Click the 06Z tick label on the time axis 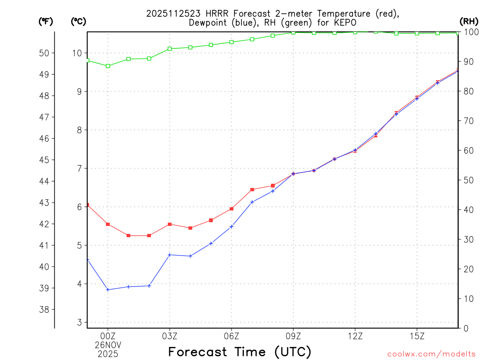pyautogui.click(x=232, y=336)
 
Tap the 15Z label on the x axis pyautogui.click(x=417, y=336)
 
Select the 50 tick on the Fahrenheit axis pyautogui.click(x=45, y=53)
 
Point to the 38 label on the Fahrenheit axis pyautogui.click(x=45, y=309)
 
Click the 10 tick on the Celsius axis pyautogui.click(x=77, y=53)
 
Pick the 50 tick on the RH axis pyautogui.click(x=467, y=180)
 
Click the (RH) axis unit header pyautogui.click(x=469, y=21)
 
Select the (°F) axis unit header pyautogui.click(x=45, y=21)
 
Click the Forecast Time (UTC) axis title pyautogui.click(x=240, y=352)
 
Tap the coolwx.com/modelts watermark pyautogui.click(x=431, y=354)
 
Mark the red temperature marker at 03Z pyautogui.click(x=170, y=224)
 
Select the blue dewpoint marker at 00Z pyautogui.click(x=108, y=290)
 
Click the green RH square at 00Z pyautogui.click(x=108, y=66)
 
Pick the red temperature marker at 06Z pyautogui.click(x=232, y=209)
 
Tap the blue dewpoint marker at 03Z pyautogui.click(x=170, y=255)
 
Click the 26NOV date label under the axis pyautogui.click(x=108, y=345)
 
